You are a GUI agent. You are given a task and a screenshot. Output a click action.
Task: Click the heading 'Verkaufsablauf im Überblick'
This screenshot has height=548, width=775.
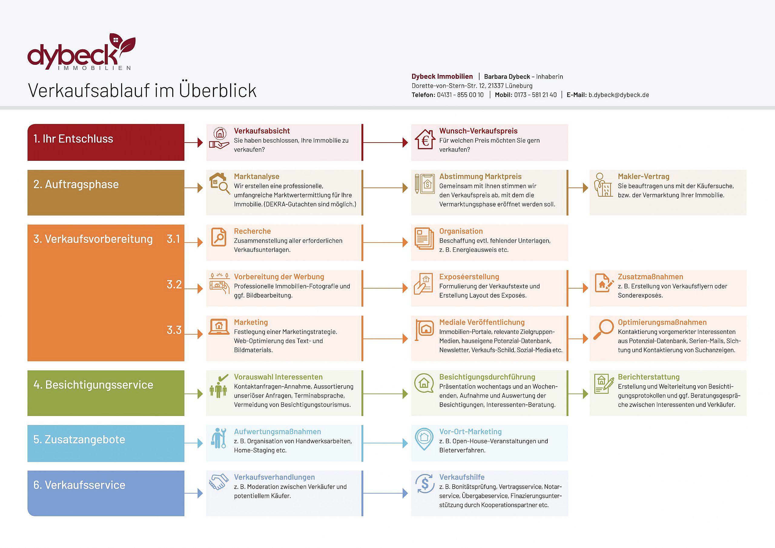(x=142, y=91)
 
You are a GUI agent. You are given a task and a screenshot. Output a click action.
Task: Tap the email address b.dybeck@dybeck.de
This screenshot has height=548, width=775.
(x=619, y=95)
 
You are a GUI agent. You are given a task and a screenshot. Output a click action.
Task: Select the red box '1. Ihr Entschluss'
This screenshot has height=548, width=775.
(x=106, y=142)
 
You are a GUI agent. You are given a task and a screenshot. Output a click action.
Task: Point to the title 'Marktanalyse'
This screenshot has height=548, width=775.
(x=256, y=177)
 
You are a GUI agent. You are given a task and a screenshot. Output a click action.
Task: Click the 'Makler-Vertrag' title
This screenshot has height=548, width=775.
(x=643, y=177)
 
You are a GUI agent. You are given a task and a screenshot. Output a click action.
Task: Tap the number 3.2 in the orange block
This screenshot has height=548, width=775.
(x=174, y=284)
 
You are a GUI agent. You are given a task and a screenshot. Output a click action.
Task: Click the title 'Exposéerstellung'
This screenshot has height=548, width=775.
(x=469, y=277)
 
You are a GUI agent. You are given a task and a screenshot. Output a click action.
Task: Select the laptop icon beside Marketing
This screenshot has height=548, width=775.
(x=219, y=326)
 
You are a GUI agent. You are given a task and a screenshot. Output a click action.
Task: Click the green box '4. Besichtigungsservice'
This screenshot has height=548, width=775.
(x=106, y=393)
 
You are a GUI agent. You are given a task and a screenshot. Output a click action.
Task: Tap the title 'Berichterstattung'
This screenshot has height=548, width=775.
(x=648, y=377)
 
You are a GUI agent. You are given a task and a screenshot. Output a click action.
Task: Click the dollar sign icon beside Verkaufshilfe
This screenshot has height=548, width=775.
(x=425, y=484)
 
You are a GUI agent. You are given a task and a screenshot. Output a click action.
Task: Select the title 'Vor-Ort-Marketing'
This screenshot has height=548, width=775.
(x=470, y=432)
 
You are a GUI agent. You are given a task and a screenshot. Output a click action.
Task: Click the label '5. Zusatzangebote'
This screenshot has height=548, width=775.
(x=79, y=439)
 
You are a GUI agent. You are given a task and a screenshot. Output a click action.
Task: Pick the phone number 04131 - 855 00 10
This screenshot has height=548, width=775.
(x=460, y=95)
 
